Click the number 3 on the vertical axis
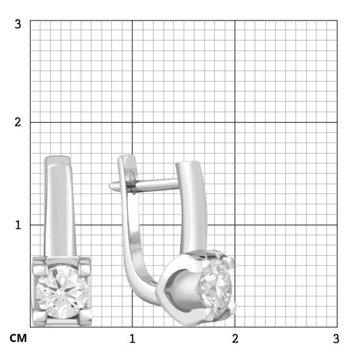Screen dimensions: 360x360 pyautogui.click(x=18, y=24)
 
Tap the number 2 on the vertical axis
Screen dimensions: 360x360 pyautogui.click(x=18, y=123)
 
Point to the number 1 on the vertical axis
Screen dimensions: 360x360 pyautogui.click(x=18, y=224)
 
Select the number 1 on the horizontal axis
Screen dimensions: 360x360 pyautogui.click(x=133, y=339)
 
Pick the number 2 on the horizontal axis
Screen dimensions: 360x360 pyautogui.click(x=235, y=339)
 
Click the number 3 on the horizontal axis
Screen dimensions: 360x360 pyautogui.click(x=336, y=339)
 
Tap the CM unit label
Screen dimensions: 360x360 pyautogui.click(x=18, y=339)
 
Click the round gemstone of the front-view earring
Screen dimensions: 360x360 pyautogui.click(x=62, y=291)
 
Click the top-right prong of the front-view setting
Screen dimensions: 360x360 pyautogui.click(x=84, y=265)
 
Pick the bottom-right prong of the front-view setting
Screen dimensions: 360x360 pyautogui.click(x=84, y=318)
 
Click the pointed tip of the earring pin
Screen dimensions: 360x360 pyautogui.click(x=111, y=186)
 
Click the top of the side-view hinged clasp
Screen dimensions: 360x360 pyautogui.click(x=126, y=158)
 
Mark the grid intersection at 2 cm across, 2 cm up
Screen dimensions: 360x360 pyautogui.click(x=235, y=122)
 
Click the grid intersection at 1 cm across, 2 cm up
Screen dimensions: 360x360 pyautogui.click(x=132, y=122)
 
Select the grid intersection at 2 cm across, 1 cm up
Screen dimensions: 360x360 pyautogui.click(x=235, y=224)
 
